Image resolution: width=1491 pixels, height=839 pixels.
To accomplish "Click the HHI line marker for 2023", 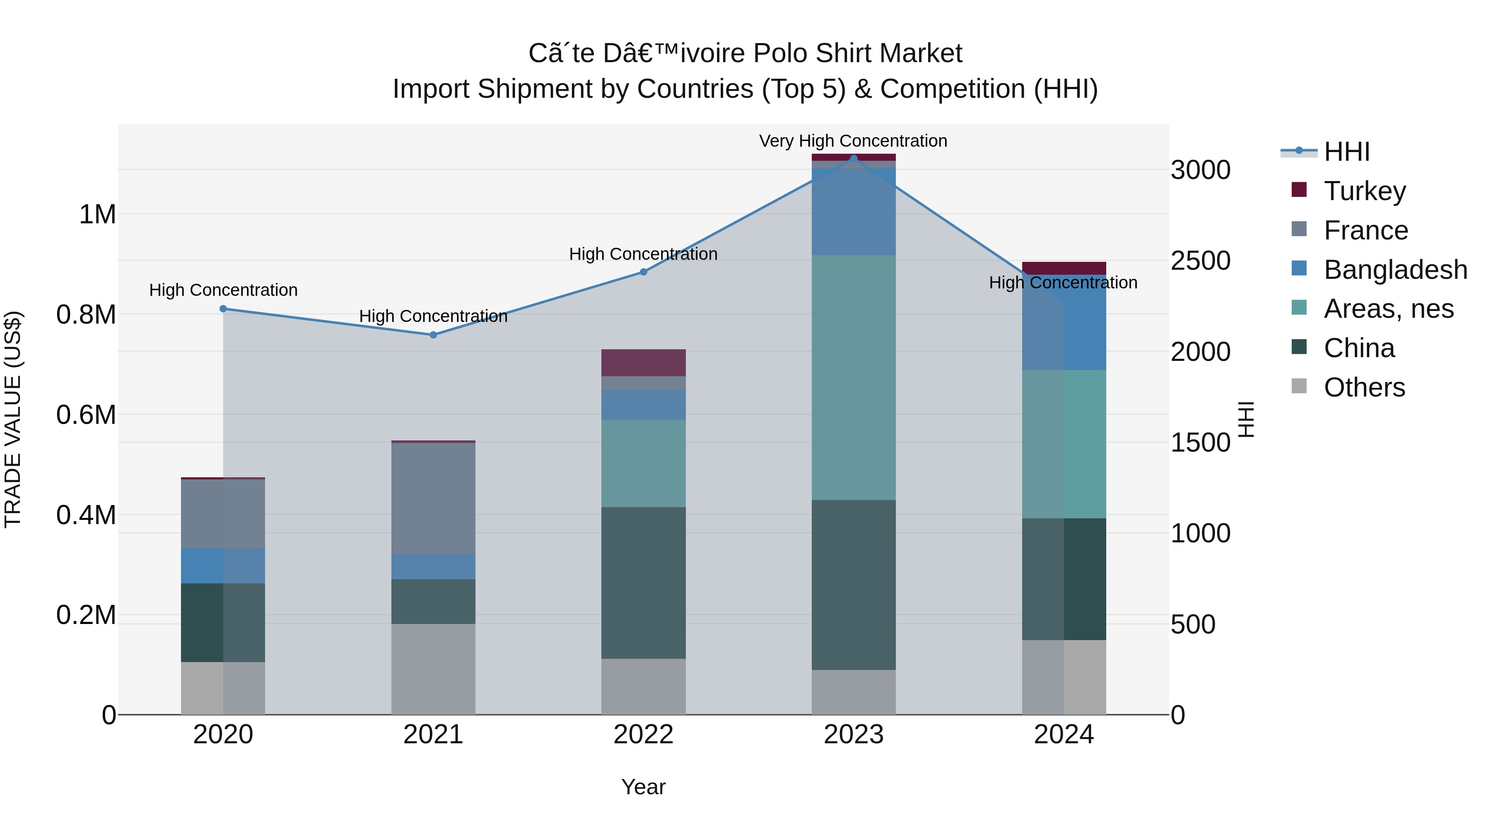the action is coord(853,158).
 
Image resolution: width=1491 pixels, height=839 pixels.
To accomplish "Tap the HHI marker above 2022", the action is coord(643,271).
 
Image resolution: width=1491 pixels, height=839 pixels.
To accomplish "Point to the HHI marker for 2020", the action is coord(223,309).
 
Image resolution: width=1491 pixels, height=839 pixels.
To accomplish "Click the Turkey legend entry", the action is coord(1348,191).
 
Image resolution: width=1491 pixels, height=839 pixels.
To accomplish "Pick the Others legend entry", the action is coord(1348,387).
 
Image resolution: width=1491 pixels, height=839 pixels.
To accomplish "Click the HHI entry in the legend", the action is coord(1325,152).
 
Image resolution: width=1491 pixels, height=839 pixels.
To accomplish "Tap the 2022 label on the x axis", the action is coord(643,735).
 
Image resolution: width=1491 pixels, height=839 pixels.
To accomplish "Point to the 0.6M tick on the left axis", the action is coord(86,415).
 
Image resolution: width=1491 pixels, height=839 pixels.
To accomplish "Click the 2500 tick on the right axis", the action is coord(1200,261).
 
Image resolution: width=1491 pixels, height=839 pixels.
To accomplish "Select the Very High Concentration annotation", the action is coord(853,141).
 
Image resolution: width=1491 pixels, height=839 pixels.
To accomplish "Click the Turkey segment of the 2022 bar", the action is coord(643,363).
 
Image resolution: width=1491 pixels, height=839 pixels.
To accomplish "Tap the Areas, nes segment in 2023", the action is coord(853,377).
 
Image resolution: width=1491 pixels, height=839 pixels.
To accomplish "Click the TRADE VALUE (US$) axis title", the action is coord(13,419).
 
